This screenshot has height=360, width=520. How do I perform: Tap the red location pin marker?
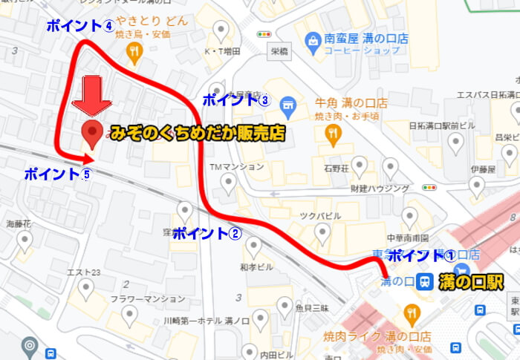click(x=92, y=133)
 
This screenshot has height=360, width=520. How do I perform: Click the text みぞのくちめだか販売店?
click(x=197, y=134)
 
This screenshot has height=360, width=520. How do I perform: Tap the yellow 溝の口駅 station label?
click(x=471, y=282)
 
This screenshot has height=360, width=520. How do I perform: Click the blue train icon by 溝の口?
click(x=425, y=282)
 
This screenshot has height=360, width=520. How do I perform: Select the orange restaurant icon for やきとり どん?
click(x=134, y=51)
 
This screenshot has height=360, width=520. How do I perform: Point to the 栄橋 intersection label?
click(x=280, y=53)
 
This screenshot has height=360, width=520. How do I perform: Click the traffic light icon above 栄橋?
click(x=264, y=34)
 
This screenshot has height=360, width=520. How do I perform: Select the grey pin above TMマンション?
click(x=228, y=181)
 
